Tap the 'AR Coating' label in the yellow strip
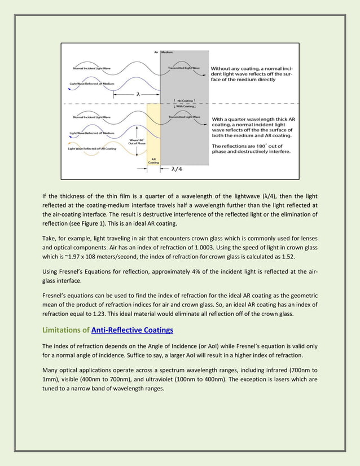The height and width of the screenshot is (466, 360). pos(153,161)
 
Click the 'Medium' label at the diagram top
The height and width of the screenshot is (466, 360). pos(167,52)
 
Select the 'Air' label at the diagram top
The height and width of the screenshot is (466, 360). pos(156,52)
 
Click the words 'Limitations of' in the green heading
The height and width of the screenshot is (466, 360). pos(66,330)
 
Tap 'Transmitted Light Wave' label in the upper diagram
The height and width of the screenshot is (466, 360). pos(184,68)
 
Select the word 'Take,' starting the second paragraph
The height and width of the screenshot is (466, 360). pos(50,236)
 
